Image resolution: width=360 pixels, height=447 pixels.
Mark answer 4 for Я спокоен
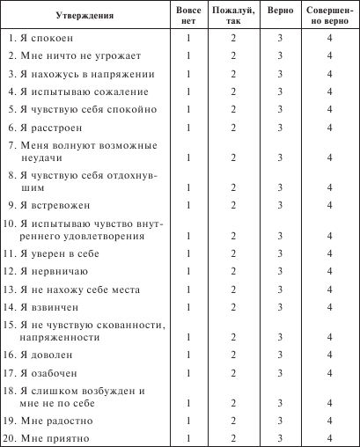tap(328, 40)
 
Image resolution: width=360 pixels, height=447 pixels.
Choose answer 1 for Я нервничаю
tap(188, 272)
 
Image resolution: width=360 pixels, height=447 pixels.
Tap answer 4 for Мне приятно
tap(328, 438)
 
